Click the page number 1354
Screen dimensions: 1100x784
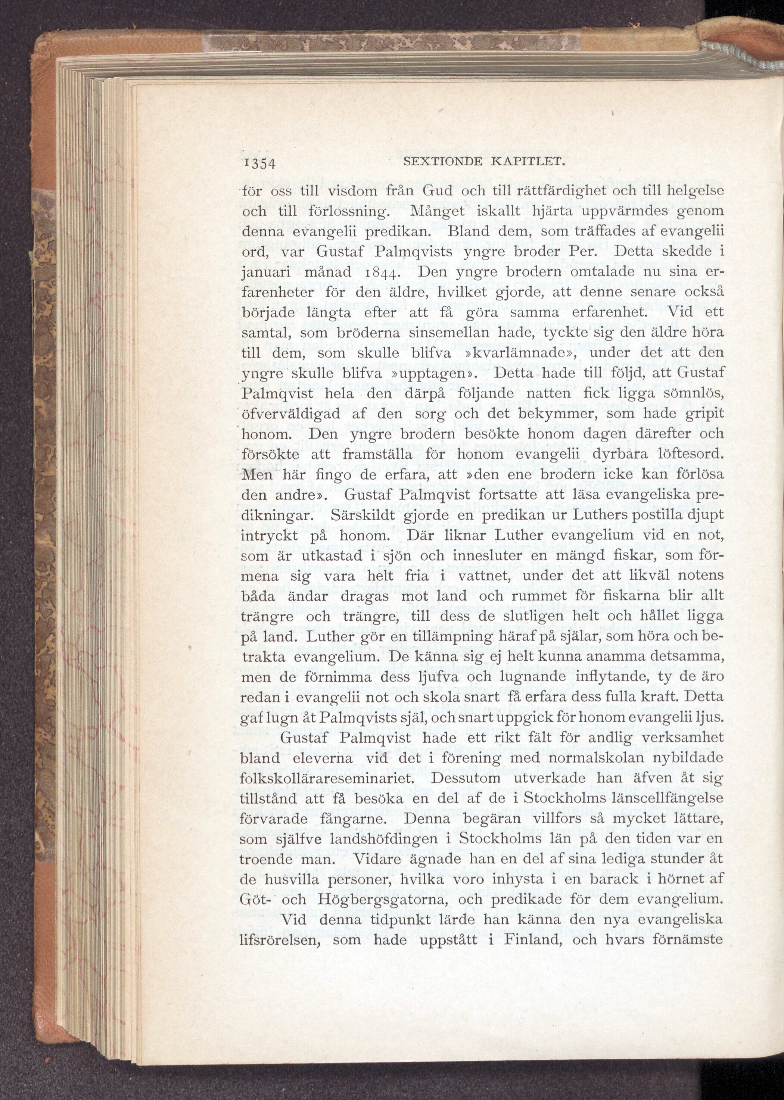[x=258, y=163]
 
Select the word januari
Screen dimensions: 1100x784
[x=265, y=274]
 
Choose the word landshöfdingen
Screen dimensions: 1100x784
[x=384, y=839]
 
